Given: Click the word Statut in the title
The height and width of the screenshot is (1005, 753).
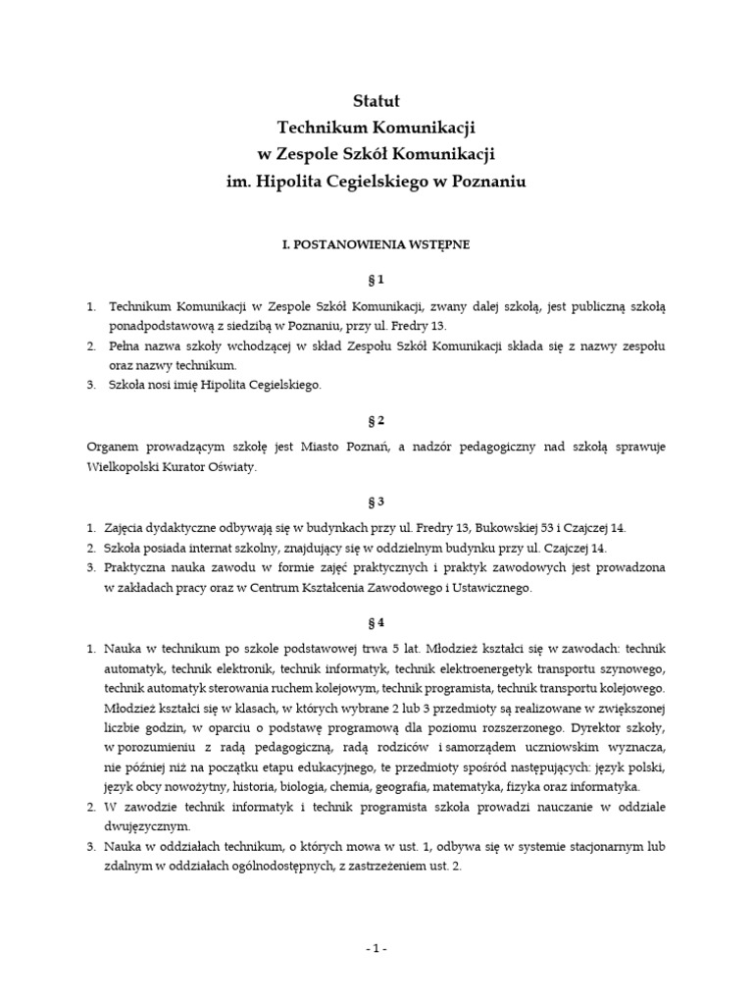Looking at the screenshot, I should (x=376, y=101).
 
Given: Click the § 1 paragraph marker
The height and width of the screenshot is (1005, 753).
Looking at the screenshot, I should (x=376, y=279).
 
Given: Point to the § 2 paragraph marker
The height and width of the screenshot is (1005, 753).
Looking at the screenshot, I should (x=376, y=421).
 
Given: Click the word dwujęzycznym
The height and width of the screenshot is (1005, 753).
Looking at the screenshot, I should (x=148, y=827).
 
